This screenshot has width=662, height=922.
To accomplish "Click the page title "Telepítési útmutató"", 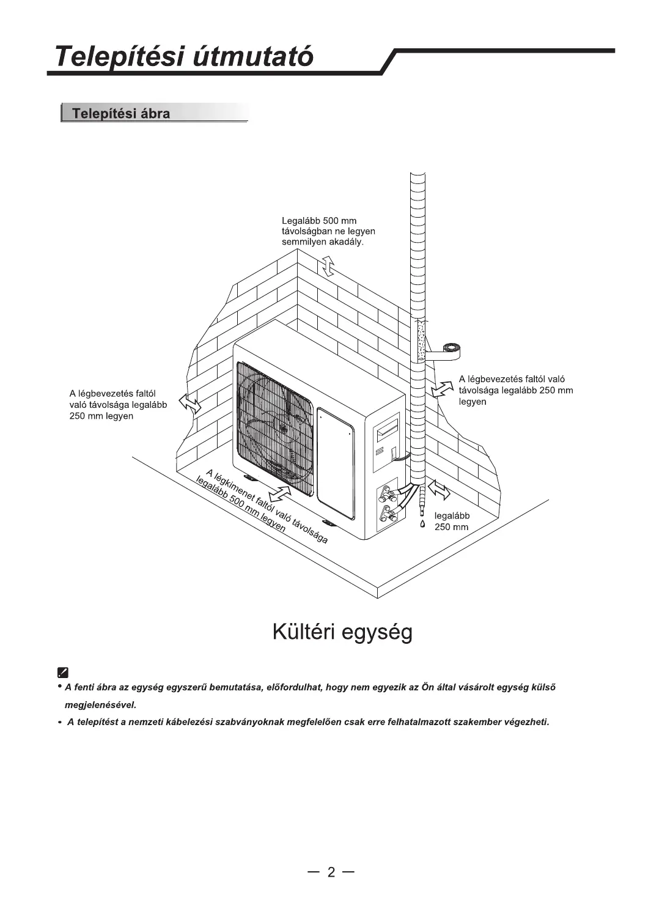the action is tap(183, 56).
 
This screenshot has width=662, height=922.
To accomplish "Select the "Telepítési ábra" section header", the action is tap(121, 114).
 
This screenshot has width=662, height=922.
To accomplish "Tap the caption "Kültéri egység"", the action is tap(342, 632).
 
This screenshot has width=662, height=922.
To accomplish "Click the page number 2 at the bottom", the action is tap(331, 872).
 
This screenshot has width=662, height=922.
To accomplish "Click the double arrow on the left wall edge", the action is tap(189, 404).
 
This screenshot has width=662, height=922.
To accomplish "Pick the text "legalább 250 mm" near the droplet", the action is tap(452, 521).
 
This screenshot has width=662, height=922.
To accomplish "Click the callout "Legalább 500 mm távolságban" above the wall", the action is tap(328, 231).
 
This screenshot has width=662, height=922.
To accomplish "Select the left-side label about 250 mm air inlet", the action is tap(118, 405).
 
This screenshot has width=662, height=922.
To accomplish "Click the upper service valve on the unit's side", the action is tap(387, 492).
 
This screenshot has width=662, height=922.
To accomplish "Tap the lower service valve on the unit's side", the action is tap(387, 512).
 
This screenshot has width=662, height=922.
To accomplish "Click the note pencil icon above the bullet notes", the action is tap(62, 672).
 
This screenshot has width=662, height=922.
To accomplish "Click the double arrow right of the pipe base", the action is tap(439, 489).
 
